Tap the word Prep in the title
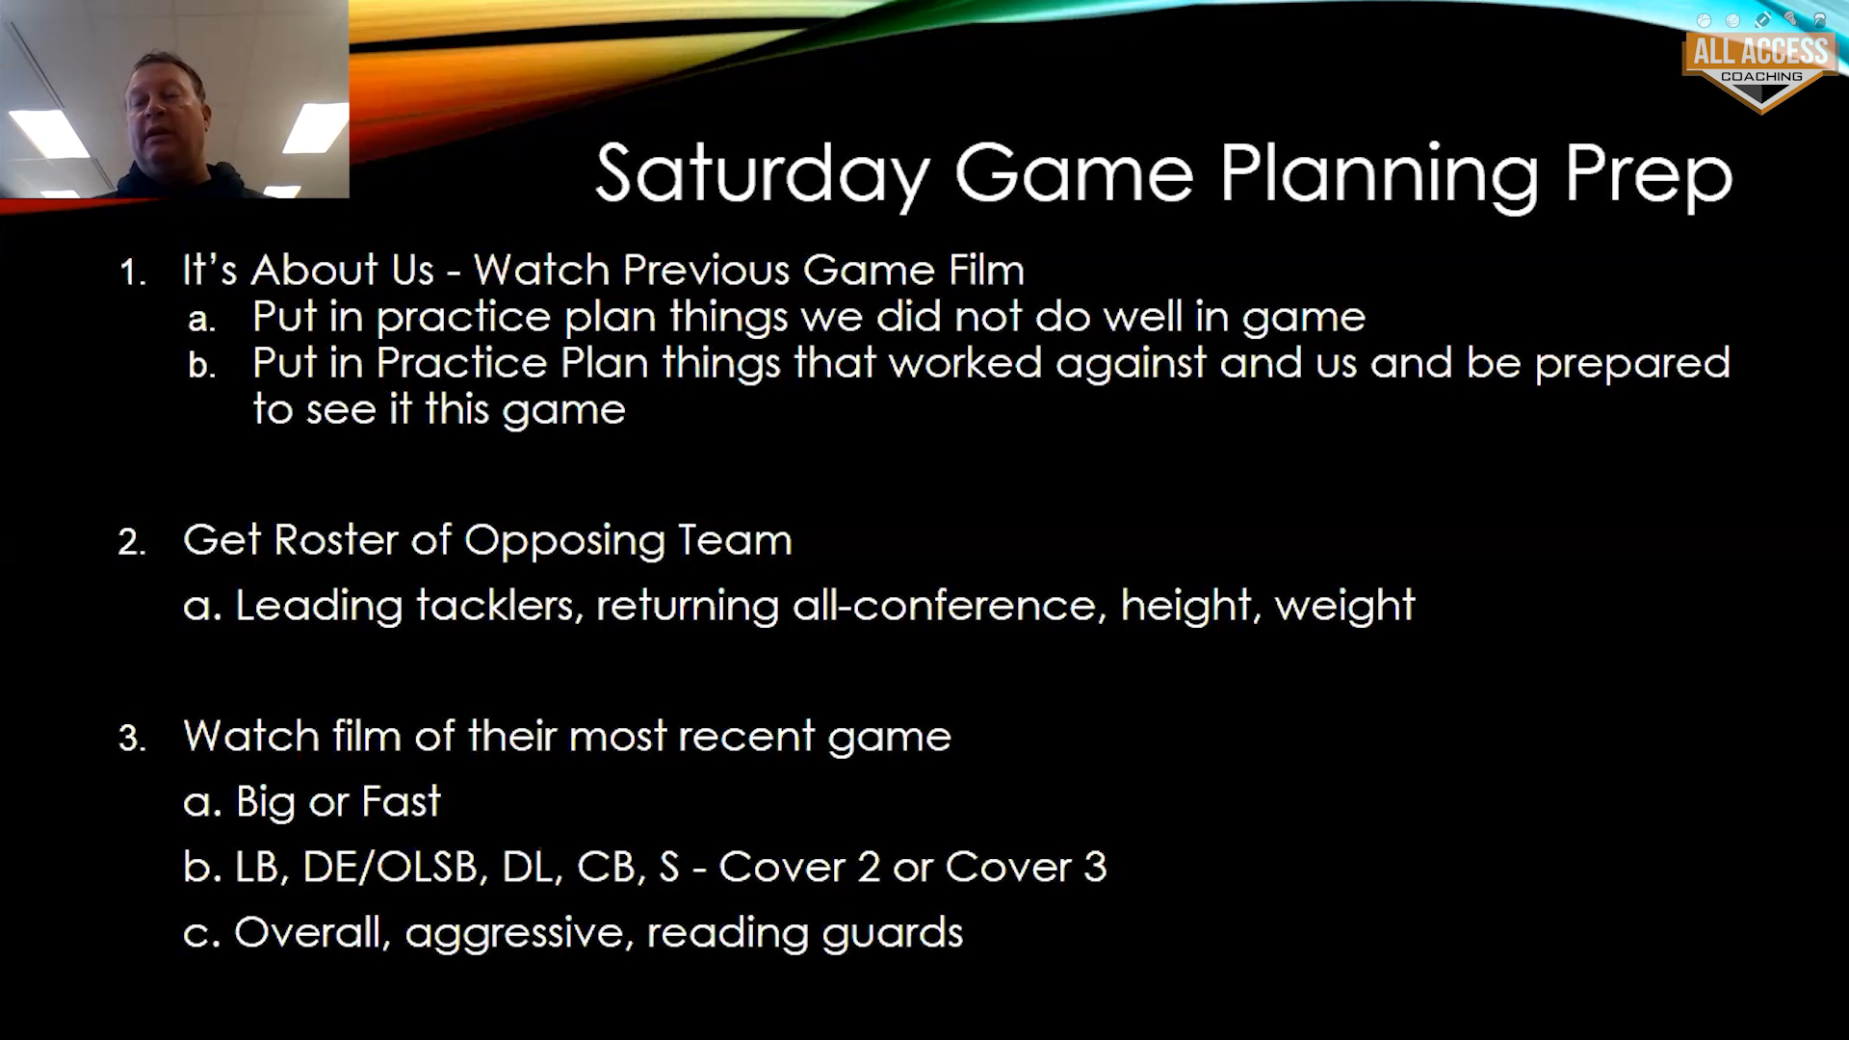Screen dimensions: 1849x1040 click(x=1648, y=175)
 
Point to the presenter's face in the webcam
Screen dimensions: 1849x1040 click(x=165, y=108)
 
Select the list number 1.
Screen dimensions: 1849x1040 click(x=132, y=273)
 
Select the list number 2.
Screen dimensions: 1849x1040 click(x=132, y=542)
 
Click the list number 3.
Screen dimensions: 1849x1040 click(x=132, y=739)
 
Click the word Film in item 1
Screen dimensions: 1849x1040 click(x=986, y=270)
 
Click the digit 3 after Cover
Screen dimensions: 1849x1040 click(x=1094, y=868)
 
